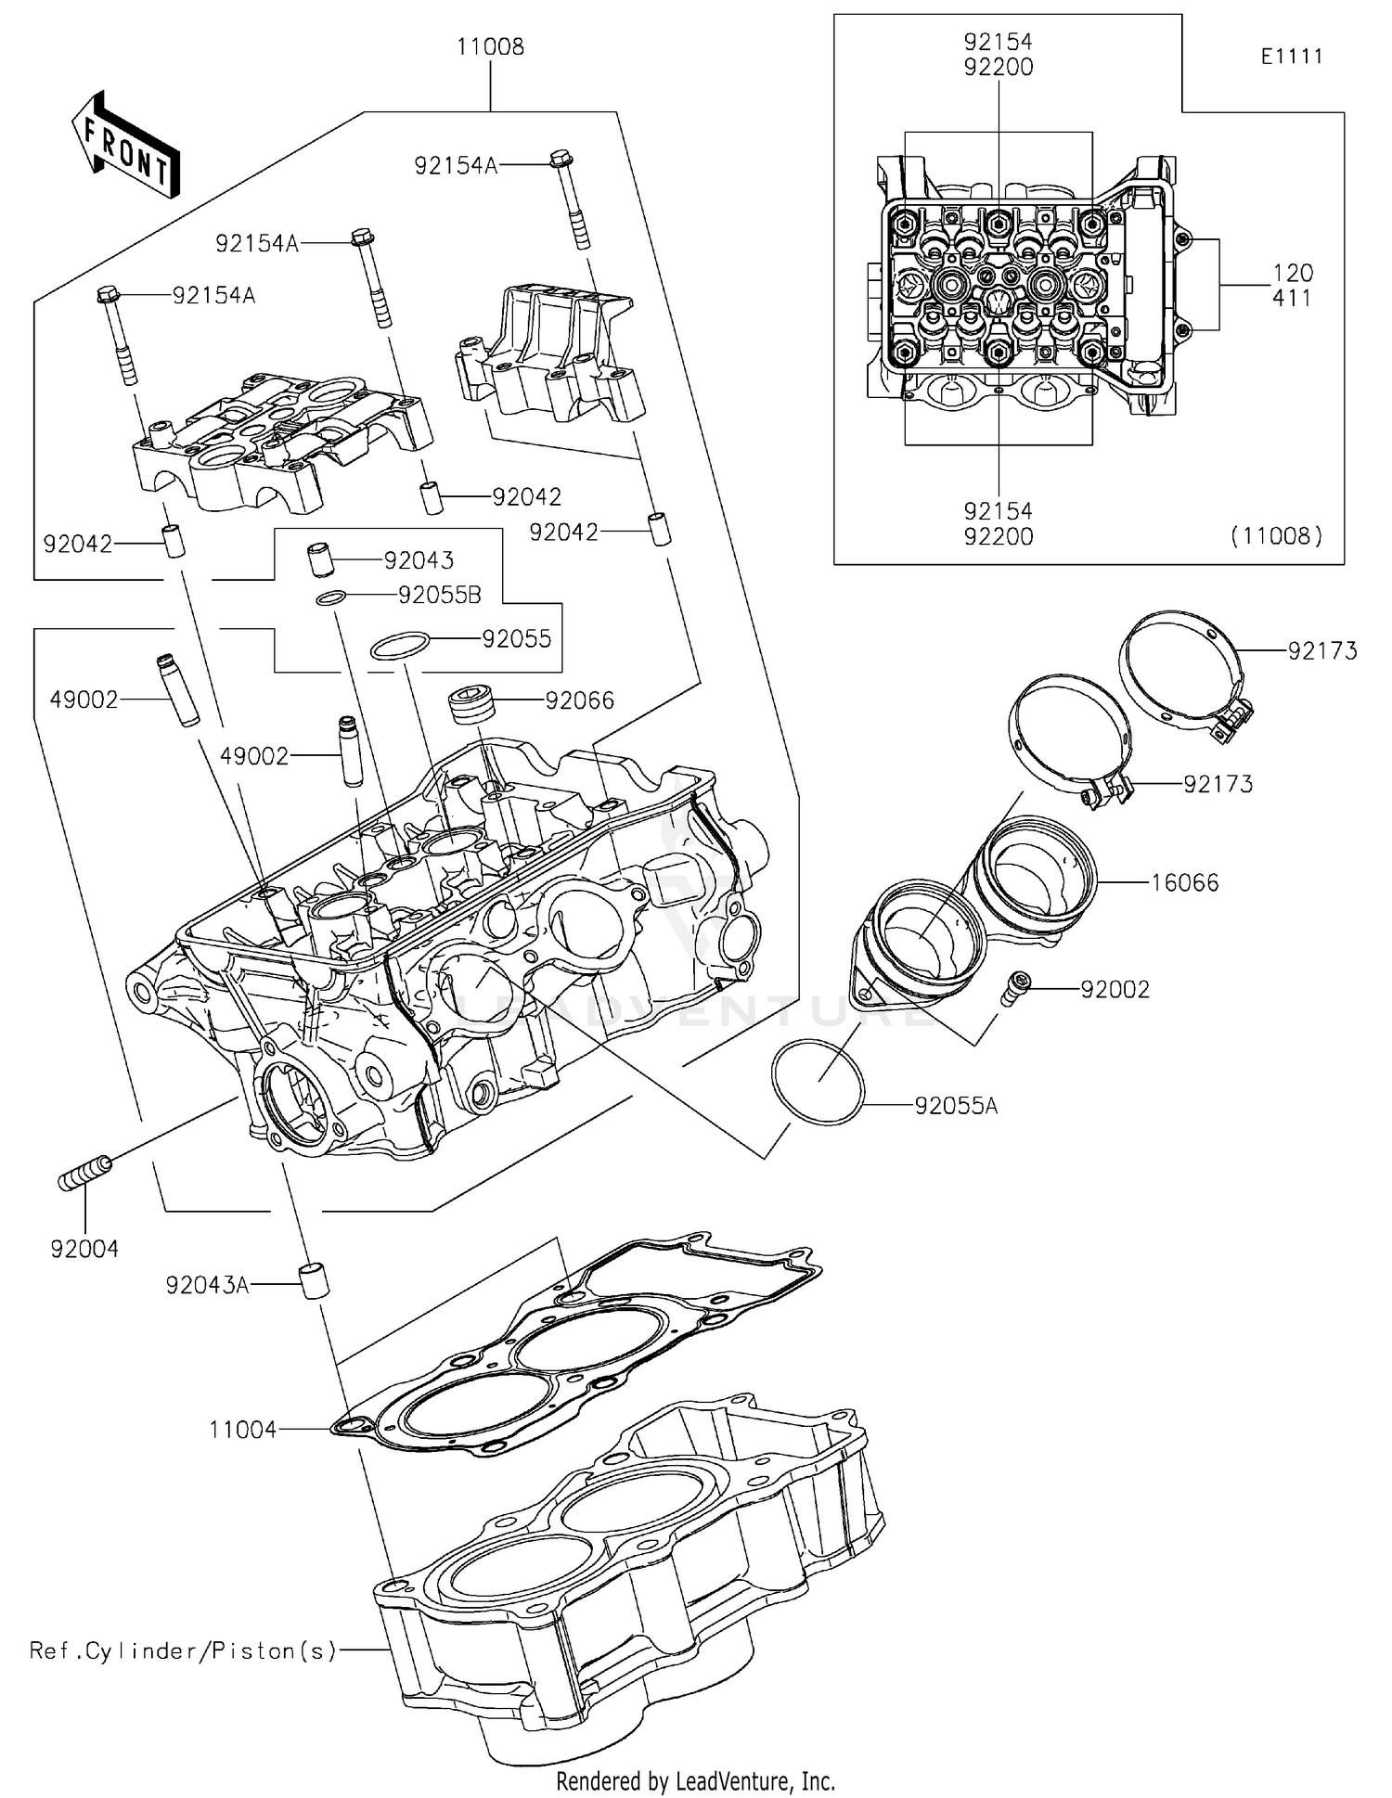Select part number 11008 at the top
point(490,46)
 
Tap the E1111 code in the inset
point(1292,56)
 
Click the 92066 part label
point(580,700)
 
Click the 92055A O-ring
point(818,1081)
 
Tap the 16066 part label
point(1185,882)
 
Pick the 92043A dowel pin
point(313,1279)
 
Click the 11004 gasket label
point(242,1430)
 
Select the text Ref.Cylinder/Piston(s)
point(183,1650)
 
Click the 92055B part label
point(440,596)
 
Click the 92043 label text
point(419,560)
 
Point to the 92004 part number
point(84,1249)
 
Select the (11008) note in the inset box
point(1276,535)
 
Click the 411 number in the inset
point(1293,298)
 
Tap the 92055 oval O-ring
point(400,646)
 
